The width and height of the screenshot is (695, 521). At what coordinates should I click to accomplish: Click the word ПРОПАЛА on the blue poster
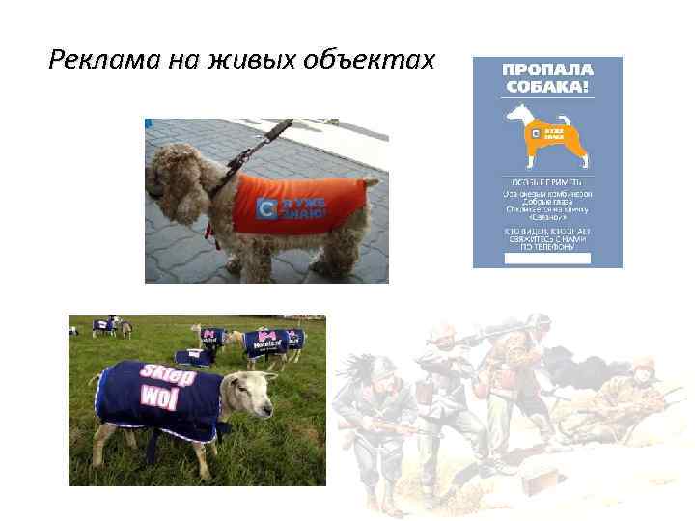546,70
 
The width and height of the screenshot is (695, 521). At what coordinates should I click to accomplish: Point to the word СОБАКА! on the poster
546,88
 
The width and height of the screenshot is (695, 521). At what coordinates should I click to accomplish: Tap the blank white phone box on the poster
547,259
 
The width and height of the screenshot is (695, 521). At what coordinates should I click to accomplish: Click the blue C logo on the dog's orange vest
271,205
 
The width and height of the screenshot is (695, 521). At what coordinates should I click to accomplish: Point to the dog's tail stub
375,183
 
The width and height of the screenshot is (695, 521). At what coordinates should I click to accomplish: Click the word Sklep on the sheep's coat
168,376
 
